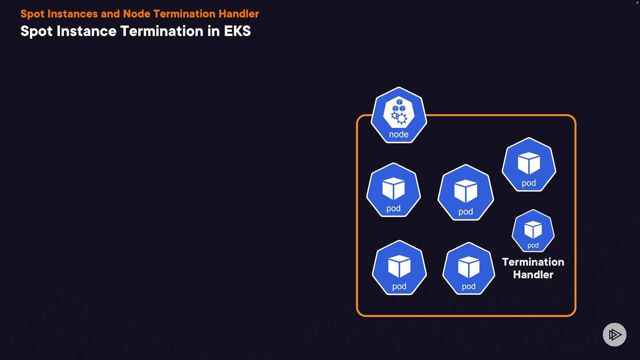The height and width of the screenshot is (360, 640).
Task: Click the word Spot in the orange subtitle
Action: click(32, 14)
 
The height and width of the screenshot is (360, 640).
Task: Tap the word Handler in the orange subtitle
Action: click(239, 14)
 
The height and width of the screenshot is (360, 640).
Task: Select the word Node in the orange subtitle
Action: click(137, 14)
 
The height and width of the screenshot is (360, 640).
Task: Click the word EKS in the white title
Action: click(237, 31)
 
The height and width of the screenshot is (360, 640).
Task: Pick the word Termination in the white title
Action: click(162, 31)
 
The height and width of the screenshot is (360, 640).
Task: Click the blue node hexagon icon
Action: click(399, 115)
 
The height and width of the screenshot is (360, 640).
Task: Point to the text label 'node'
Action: click(399, 134)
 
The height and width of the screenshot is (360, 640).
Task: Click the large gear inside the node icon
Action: click(402, 119)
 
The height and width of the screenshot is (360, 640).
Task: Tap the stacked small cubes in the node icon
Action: click(399, 106)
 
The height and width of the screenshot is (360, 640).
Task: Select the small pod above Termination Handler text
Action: click(533, 231)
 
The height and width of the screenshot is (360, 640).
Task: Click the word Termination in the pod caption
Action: click(533, 262)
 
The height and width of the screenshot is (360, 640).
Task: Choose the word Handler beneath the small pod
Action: click(533, 275)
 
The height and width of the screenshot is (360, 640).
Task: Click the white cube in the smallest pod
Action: click(533, 229)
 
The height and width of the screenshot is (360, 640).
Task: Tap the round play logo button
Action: click(614, 334)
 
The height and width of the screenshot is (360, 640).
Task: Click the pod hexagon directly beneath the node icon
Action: click(394, 190)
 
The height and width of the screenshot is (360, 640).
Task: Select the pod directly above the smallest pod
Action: click(529, 165)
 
